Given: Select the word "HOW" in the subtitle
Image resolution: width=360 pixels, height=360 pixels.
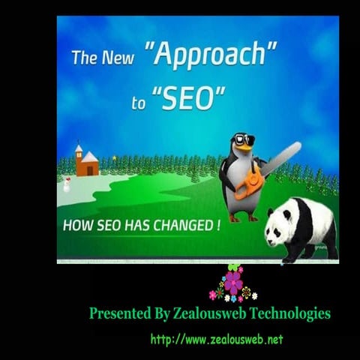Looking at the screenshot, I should (x=76, y=226).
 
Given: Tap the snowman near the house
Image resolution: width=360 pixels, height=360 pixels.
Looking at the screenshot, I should (x=67, y=184).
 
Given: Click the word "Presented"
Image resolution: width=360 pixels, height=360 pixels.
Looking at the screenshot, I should (x=116, y=313).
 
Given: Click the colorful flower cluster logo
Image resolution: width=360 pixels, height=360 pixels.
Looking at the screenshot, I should (x=233, y=284).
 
